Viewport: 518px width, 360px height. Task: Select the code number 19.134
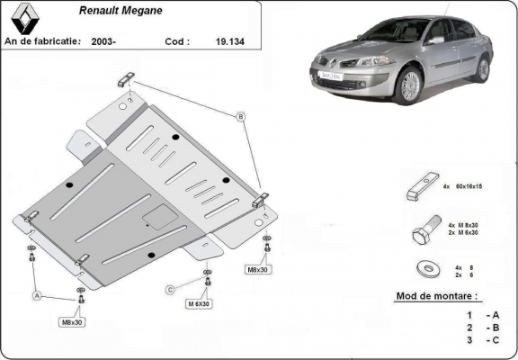[226, 41]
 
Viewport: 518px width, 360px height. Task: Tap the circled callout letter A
[37, 295]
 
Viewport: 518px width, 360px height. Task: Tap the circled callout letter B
[240, 117]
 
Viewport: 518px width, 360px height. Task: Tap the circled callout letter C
[169, 289]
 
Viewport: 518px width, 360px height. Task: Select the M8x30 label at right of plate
[258, 269]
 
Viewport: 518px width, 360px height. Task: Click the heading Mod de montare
[437, 296]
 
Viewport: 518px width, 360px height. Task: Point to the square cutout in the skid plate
[162, 216]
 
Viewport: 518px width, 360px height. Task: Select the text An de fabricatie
[42, 41]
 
